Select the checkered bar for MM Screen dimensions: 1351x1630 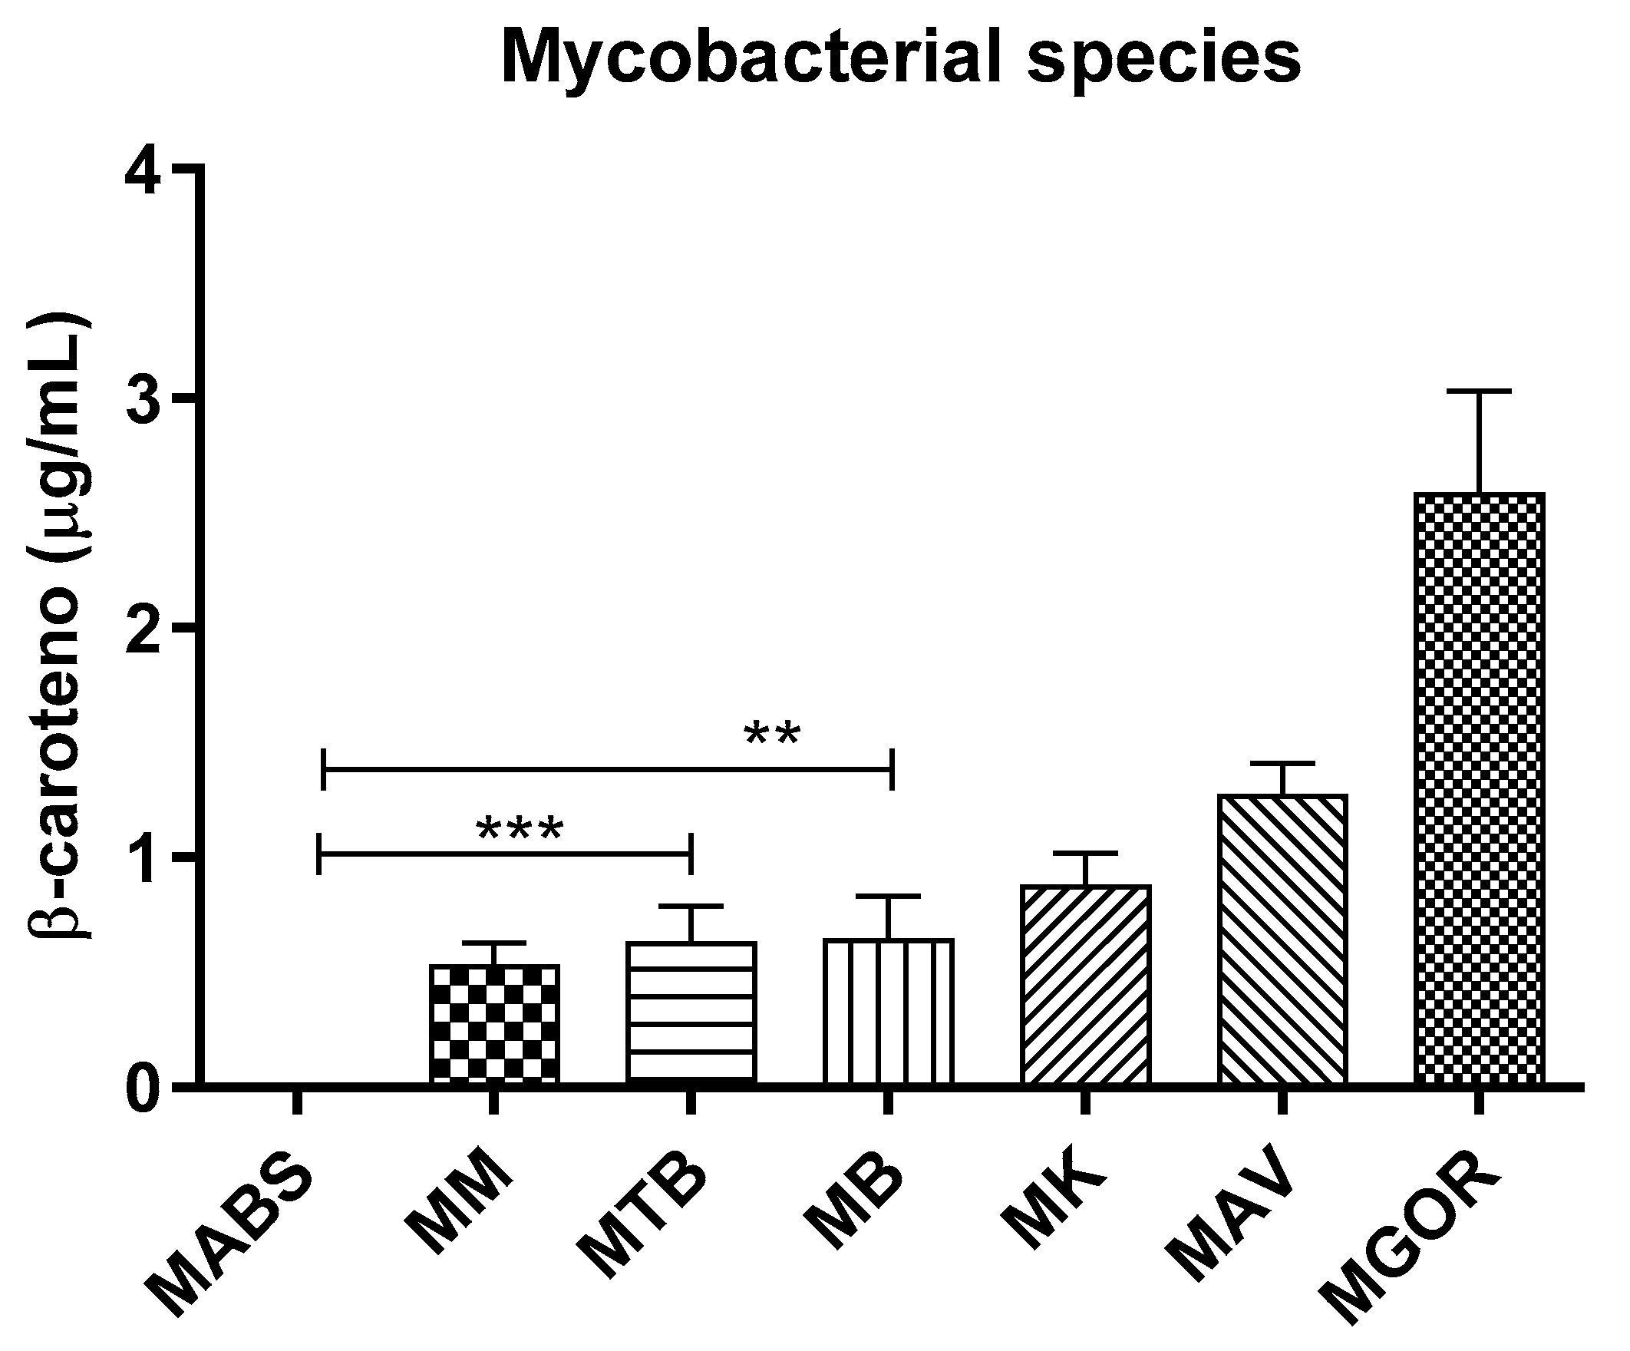pyautogui.click(x=494, y=1023)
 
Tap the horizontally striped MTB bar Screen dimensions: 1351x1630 pyautogui.click(x=691, y=1012)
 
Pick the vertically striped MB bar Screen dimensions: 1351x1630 pyautogui.click(x=888, y=1010)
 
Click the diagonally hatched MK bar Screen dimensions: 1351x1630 pyautogui.click(x=1085, y=984)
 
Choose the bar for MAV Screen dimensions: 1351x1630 pyautogui.click(x=1282, y=939)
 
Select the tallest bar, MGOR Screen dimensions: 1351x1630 pyautogui.click(x=1480, y=788)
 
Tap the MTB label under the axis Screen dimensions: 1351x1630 pyautogui.click(x=644, y=1219)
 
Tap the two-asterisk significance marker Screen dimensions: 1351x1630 pyautogui.click(x=771, y=735)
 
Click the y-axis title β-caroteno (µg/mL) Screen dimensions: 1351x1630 pyautogui.click(x=61, y=629)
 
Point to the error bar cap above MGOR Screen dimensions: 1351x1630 pyautogui.click(x=1480, y=391)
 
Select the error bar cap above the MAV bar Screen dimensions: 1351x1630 pyautogui.click(x=1282, y=764)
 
